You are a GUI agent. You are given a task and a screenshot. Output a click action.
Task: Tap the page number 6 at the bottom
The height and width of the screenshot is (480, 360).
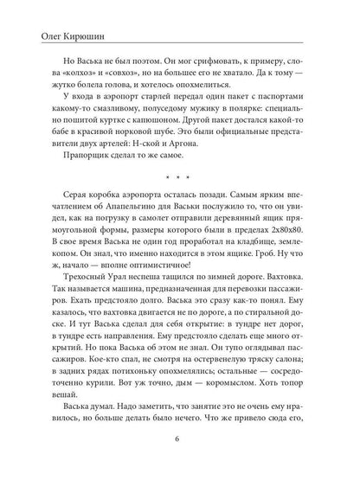click(180, 461)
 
